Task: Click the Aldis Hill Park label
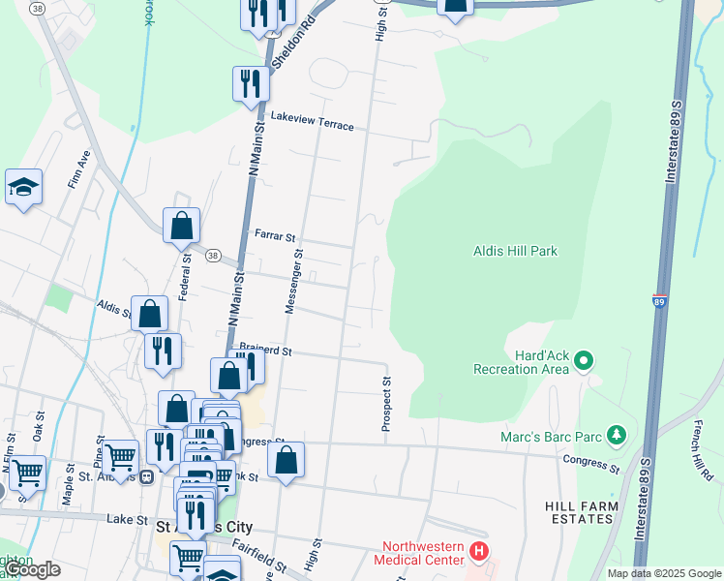(x=515, y=251)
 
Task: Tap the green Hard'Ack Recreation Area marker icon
(x=584, y=361)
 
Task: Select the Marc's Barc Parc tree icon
(x=613, y=436)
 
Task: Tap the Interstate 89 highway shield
(x=659, y=301)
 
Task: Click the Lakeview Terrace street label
(x=306, y=121)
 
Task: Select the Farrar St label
(x=274, y=235)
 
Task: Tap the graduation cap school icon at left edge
(x=23, y=188)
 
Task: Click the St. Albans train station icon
(x=146, y=476)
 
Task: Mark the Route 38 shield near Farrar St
(x=213, y=255)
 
